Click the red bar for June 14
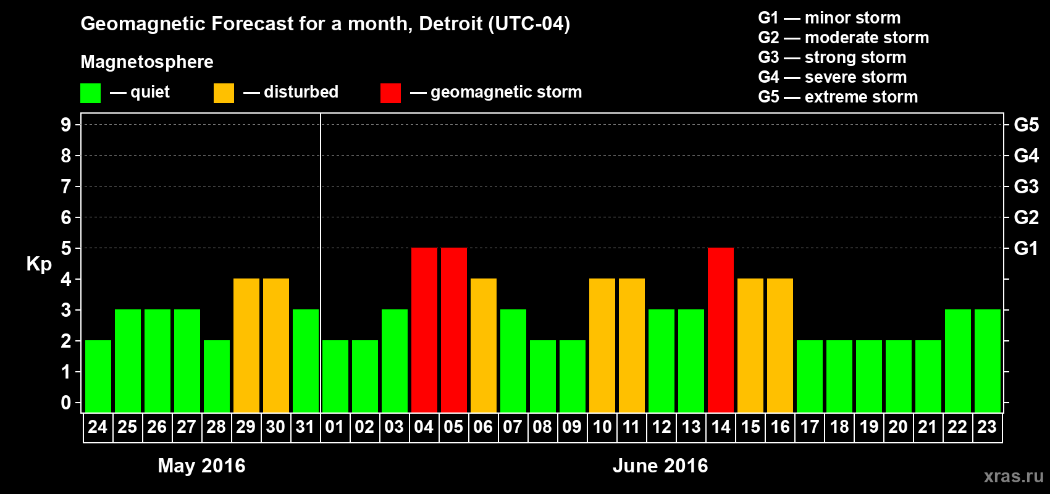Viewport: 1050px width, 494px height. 721,330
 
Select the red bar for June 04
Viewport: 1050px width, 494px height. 424,330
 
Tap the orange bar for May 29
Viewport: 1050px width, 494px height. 246,345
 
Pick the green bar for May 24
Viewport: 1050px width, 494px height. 98,376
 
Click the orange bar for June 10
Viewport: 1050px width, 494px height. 602,345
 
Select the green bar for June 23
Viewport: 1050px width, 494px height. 988,361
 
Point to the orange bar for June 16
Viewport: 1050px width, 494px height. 780,345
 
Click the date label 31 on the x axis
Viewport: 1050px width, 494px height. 305,427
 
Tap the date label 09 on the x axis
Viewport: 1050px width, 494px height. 572,427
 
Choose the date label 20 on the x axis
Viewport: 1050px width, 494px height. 898,427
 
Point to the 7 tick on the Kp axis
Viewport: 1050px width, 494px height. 66,186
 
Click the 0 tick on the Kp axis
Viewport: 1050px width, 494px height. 66,403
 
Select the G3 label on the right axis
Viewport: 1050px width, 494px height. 1026,186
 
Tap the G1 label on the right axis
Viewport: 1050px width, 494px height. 1026,248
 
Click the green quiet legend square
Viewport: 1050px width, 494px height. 91,93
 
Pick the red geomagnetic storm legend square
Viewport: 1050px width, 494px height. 390,93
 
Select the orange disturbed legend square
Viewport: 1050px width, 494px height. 224,93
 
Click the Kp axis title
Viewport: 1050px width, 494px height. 39,264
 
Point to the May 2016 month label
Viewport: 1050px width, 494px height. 201,466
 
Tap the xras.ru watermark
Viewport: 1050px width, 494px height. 1014,476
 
